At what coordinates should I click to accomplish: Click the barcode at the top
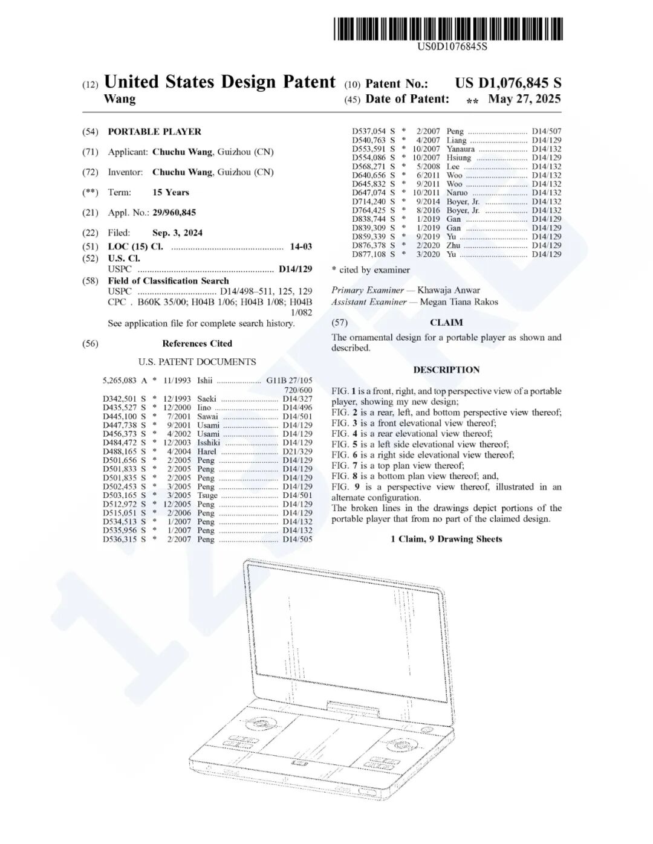pyautogui.click(x=448, y=29)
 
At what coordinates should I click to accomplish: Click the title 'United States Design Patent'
pyautogui.click(x=219, y=82)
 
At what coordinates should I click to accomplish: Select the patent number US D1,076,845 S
pyautogui.click(x=508, y=83)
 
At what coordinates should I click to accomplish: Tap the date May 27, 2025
pyautogui.click(x=524, y=99)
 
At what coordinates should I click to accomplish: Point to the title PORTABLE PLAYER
pyautogui.click(x=154, y=132)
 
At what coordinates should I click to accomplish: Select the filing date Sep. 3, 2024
pyautogui.click(x=177, y=233)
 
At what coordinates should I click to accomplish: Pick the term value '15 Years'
pyautogui.click(x=171, y=192)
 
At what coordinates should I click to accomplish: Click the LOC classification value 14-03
pyautogui.click(x=301, y=246)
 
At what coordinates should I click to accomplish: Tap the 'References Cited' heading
pyautogui.click(x=197, y=344)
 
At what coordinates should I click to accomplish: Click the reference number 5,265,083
pyautogui.click(x=120, y=381)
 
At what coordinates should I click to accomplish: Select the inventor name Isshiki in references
pyautogui.click(x=209, y=443)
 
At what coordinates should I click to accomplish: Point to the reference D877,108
pyautogui.click(x=369, y=254)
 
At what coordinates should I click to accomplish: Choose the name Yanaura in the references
pyautogui.click(x=460, y=149)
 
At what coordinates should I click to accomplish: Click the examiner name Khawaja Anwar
pyautogui.click(x=449, y=290)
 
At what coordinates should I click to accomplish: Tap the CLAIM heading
pyautogui.click(x=446, y=323)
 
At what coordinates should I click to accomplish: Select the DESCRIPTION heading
pyautogui.click(x=446, y=370)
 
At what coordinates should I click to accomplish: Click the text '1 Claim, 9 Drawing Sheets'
pyautogui.click(x=446, y=539)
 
